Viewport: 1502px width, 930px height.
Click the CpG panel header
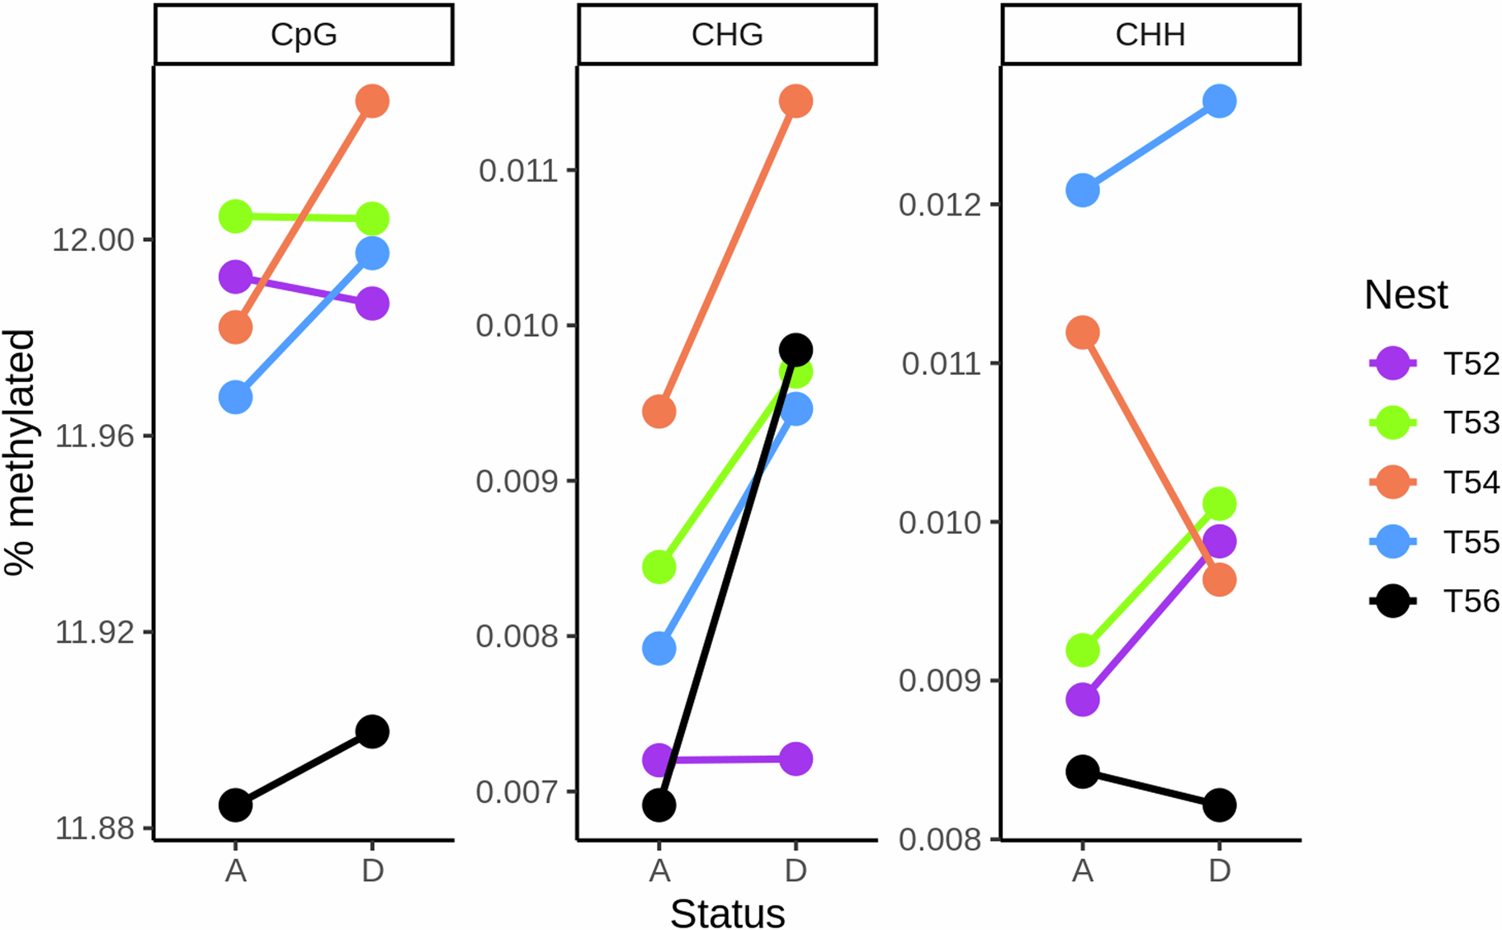pos(304,35)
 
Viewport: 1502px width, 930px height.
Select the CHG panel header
pos(727,35)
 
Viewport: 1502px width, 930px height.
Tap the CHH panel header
pos(1150,35)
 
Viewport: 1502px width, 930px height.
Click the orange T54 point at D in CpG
pos(372,101)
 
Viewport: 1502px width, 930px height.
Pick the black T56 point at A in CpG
pos(235,805)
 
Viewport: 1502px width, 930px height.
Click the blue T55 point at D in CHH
pos(1219,101)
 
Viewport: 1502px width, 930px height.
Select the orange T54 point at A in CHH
pos(1083,333)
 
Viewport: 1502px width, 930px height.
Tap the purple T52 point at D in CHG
pos(796,758)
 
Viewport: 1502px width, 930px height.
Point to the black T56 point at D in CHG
pos(796,350)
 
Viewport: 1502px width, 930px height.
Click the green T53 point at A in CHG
pos(659,567)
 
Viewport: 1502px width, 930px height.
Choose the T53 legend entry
pos(1433,423)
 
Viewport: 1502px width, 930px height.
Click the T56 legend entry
pos(1433,602)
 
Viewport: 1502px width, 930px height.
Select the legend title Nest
pos(1405,295)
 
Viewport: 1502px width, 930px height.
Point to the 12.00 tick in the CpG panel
pos(92,240)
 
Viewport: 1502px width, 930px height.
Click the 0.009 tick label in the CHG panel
pos(517,481)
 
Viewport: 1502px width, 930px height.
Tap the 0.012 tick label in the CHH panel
pos(940,205)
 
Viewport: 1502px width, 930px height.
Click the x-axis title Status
pos(727,913)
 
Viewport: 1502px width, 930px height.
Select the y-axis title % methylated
pos(20,451)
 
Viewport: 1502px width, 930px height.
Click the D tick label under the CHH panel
pos(1219,871)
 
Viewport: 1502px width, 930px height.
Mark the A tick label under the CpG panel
pos(235,871)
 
